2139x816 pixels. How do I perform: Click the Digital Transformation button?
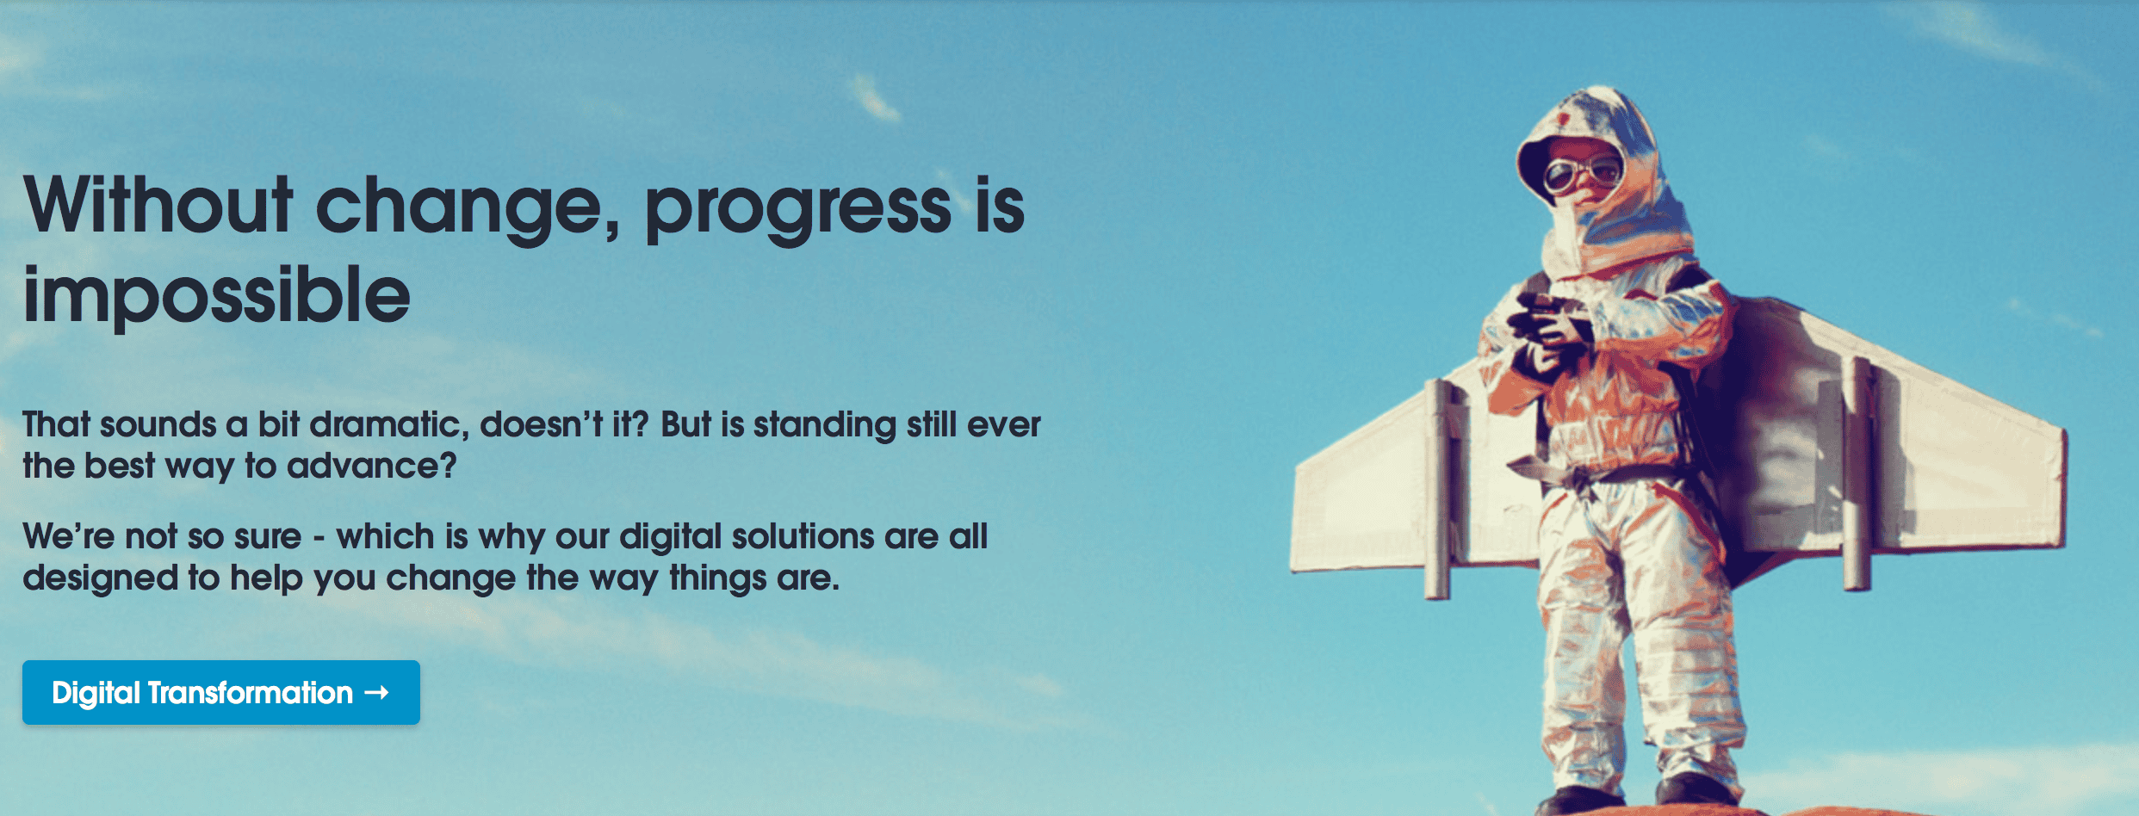coord(221,692)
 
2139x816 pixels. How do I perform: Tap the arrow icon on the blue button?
coord(377,692)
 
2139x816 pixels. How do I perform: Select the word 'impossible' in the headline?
coord(216,294)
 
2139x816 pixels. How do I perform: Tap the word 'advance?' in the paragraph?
coord(371,466)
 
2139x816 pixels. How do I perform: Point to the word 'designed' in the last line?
coord(101,578)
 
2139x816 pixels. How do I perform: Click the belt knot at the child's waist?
coord(1583,477)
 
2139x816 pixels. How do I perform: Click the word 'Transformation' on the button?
coord(251,692)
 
